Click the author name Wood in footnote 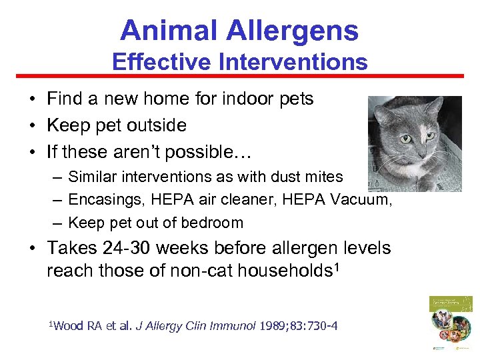click(x=70, y=326)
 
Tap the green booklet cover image click(x=451, y=323)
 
